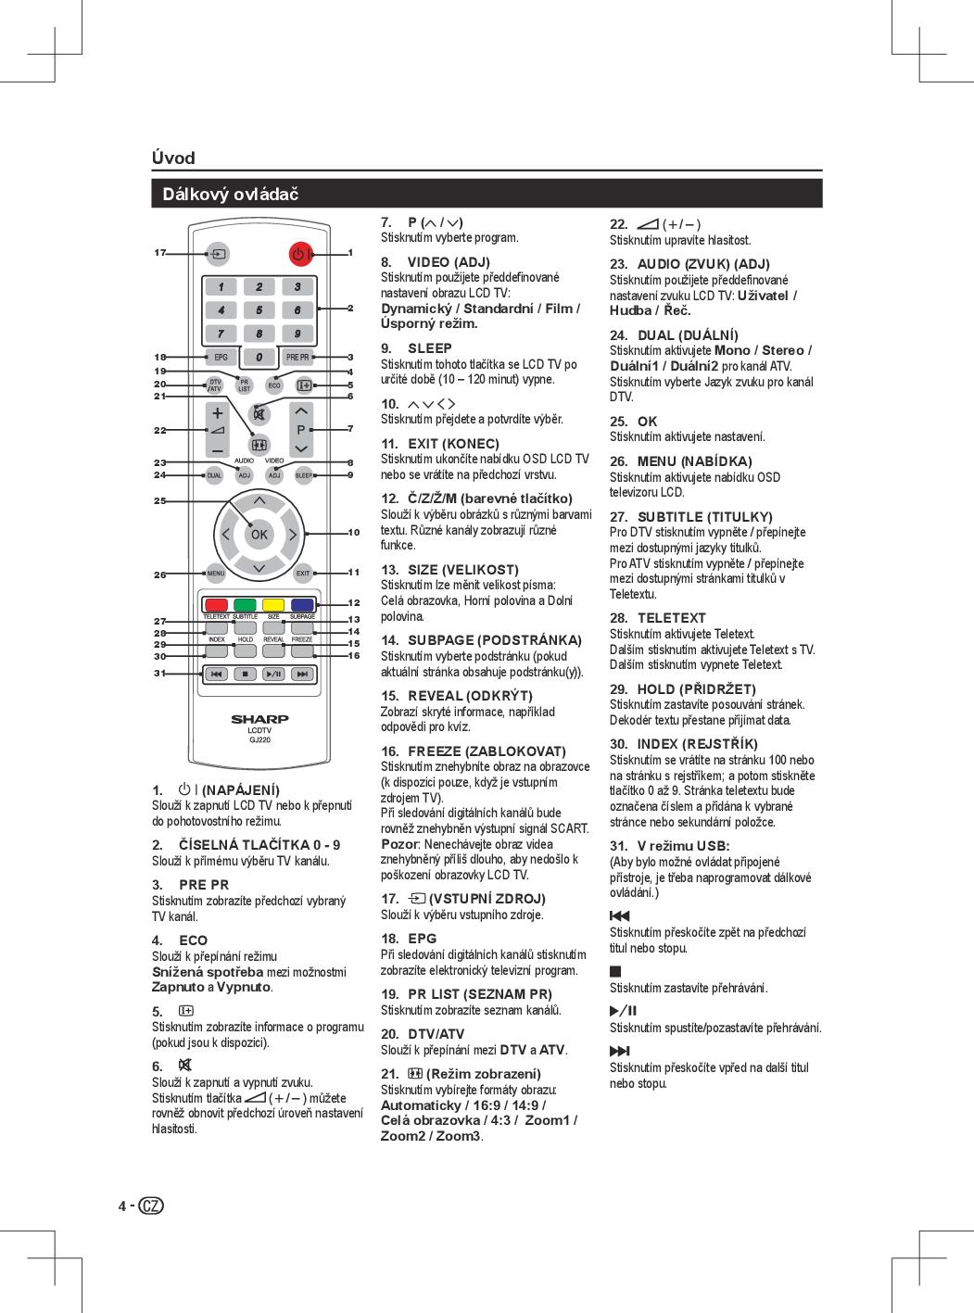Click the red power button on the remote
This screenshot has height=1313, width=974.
click(299, 253)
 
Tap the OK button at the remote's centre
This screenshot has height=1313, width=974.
click(259, 535)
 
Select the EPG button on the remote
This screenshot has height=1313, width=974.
click(220, 357)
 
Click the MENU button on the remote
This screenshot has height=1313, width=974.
click(216, 574)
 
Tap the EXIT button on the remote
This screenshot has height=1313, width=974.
click(302, 574)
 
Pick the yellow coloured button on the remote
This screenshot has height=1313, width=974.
click(273, 605)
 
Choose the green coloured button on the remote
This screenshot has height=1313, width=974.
click(245, 605)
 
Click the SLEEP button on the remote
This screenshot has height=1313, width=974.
click(303, 475)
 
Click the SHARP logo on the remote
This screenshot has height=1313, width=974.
click(259, 719)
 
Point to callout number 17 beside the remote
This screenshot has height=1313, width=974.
click(160, 252)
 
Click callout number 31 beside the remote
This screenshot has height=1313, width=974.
click(160, 674)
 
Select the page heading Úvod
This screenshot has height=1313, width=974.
click(173, 158)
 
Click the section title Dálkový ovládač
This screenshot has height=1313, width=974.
click(231, 194)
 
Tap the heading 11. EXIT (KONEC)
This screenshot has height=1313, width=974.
click(440, 444)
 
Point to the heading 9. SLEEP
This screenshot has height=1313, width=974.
click(417, 348)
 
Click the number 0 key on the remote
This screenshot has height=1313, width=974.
click(259, 357)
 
